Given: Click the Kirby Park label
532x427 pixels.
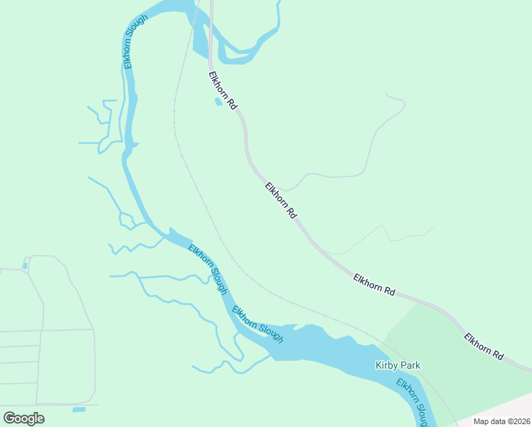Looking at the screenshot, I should click(x=398, y=366).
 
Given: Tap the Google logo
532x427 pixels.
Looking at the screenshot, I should click(x=23, y=418).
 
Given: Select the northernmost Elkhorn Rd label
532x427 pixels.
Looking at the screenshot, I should click(x=223, y=90).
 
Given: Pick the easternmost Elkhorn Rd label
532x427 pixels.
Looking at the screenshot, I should click(x=484, y=346).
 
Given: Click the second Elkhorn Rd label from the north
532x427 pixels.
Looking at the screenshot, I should click(x=280, y=200).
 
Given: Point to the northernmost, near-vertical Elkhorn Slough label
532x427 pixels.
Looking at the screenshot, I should click(x=136, y=41).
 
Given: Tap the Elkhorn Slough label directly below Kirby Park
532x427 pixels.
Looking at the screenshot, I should click(x=413, y=402).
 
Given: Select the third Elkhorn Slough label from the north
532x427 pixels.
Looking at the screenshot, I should click(x=257, y=325).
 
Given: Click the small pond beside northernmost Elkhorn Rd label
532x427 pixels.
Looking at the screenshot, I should click(x=218, y=102).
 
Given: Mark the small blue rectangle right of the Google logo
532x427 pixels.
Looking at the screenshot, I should click(x=79, y=409).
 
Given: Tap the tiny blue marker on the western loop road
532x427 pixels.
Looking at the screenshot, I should click(x=25, y=266).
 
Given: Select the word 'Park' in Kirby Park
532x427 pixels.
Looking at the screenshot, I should click(x=410, y=366).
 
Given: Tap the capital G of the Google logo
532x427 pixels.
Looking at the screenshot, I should click(x=9, y=418).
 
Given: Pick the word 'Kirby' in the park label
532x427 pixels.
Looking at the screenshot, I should click(x=386, y=366).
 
